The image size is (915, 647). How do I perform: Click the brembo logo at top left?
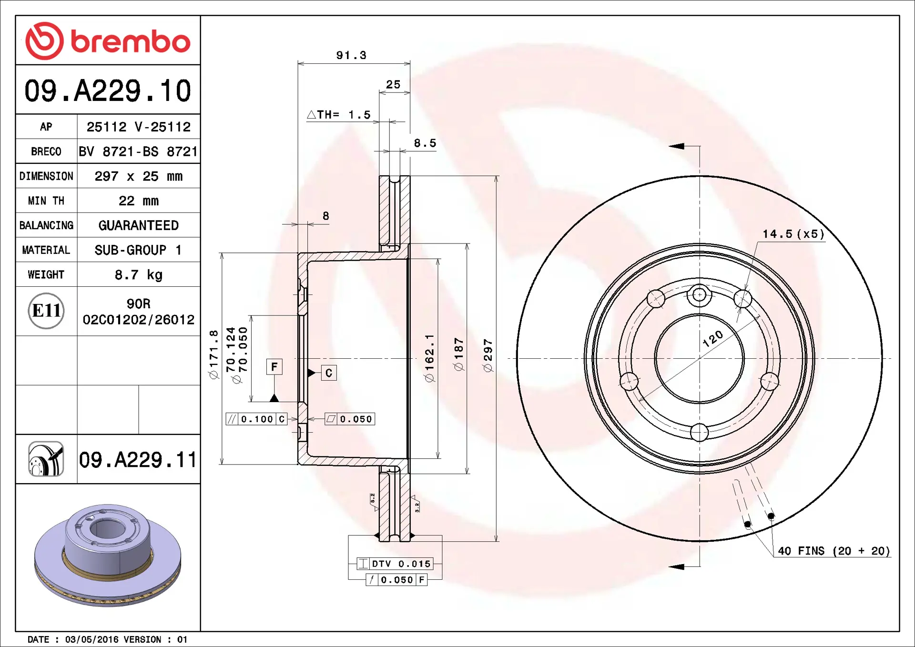pos(108,40)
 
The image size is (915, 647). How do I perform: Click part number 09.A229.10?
pos(108,91)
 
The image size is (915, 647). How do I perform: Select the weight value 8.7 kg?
pos(138,275)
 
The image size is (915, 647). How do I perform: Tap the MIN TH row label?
pos(46,201)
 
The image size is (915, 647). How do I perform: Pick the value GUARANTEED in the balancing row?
pos(138,225)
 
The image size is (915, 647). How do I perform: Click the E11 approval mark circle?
pos(46,311)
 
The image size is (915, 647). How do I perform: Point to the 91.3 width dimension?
pos(351,55)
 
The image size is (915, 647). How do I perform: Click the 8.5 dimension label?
pos(425,143)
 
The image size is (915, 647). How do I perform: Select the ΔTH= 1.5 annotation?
pos(338,115)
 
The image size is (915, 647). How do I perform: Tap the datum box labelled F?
pos(274,367)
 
